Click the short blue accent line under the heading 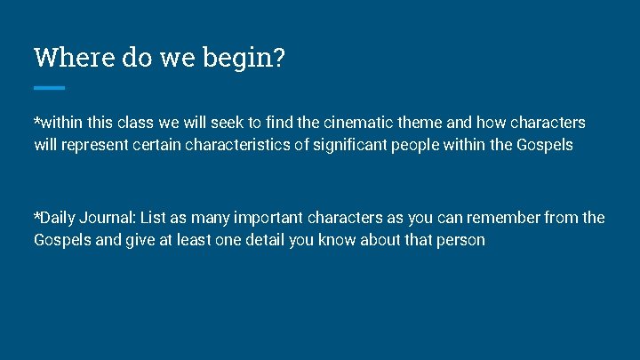click(x=49, y=87)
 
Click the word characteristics click(x=240, y=144)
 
